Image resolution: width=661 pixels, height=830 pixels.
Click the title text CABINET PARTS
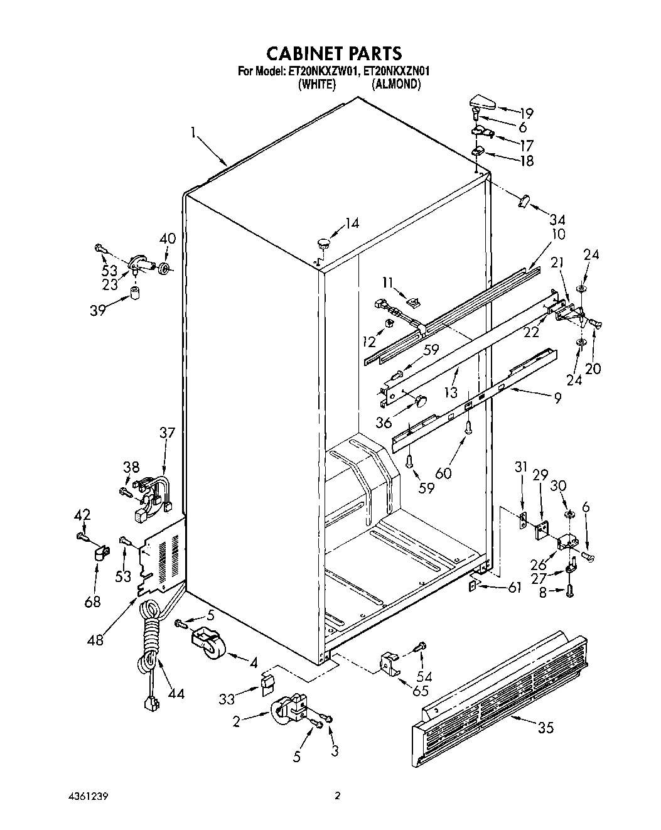pyautogui.click(x=335, y=53)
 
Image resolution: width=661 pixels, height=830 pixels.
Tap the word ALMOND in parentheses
pyautogui.click(x=395, y=84)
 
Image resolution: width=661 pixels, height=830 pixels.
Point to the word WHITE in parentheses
pyautogui.click(x=316, y=84)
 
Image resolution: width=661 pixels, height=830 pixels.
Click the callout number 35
pyautogui.click(x=545, y=728)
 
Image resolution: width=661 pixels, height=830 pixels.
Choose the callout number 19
pyautogui.click(x=525, y=113)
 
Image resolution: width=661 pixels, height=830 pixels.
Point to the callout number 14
pyautogui.click(x=352, y=223)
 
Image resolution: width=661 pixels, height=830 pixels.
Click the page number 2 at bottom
pyautogui.click(x=337, y=796)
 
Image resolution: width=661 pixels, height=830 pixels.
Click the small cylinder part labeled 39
pyautogui.click(x=135, y=294)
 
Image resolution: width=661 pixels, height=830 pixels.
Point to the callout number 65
pyautogui.click(x=420, y=691)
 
